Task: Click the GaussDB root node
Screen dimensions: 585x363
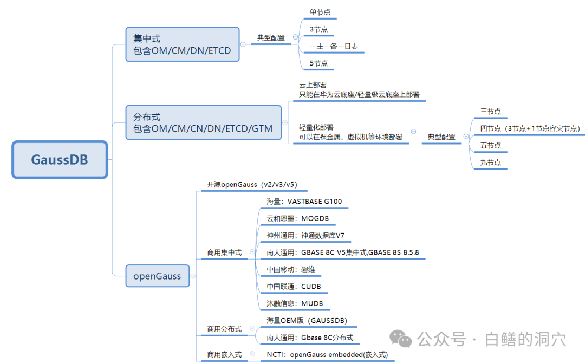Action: click(x=60, y=160)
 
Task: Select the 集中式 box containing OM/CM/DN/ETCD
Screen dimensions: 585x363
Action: click(x=182, y=45)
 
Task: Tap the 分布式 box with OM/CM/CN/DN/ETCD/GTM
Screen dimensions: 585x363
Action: click(x=203, y=122)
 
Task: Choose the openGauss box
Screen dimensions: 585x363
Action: click(x=157, y=276)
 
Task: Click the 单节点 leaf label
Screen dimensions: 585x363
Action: click(x=321, y=12)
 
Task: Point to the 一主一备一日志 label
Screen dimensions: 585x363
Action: click(x=334, y=47)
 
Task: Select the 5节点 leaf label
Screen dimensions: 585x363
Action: click(x=319, y=63)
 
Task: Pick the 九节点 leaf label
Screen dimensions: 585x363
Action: click(x=491, y=163)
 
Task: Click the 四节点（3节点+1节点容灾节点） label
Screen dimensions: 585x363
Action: click(x=530, y=129)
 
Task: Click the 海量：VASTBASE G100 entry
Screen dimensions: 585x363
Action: click(x=304, y=202)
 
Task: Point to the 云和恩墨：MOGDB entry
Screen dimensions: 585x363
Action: click(x=297, y=219)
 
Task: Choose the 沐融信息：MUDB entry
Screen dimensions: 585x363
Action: click(x=295, y=303)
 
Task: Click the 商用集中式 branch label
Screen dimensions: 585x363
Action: click(x=224, y=252)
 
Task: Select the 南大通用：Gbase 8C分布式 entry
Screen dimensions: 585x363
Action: click(x=310, y=338)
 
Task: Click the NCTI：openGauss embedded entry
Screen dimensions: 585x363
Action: click(x=327, y=355)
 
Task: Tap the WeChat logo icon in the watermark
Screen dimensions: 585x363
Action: click(x=401, y=339)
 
